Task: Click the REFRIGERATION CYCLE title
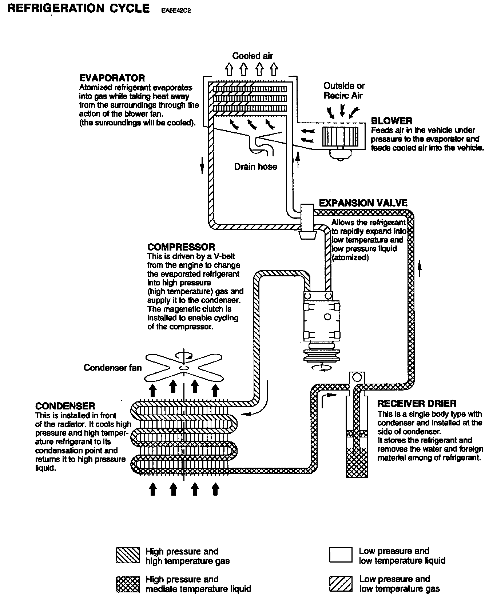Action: [x=78, y=8]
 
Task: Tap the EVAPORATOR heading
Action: [x=112, y=78]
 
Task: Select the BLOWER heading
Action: [x=391, y=121]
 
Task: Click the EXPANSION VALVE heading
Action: [x=363, y=203]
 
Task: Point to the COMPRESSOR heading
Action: [x=181, y=247]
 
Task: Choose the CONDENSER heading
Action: [x=65, y=406]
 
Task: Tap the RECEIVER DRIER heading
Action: [x=417, y=404]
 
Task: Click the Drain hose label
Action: [x=255, y=167]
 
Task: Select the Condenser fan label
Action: [x=112, y=368]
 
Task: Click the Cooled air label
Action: [x=253, y=56]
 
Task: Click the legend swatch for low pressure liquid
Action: [x=341, y=555]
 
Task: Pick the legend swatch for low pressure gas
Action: [x=341, y=584]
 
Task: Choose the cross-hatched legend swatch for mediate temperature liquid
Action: [x=127, y=584]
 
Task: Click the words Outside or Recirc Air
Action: [x=344, y=91]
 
